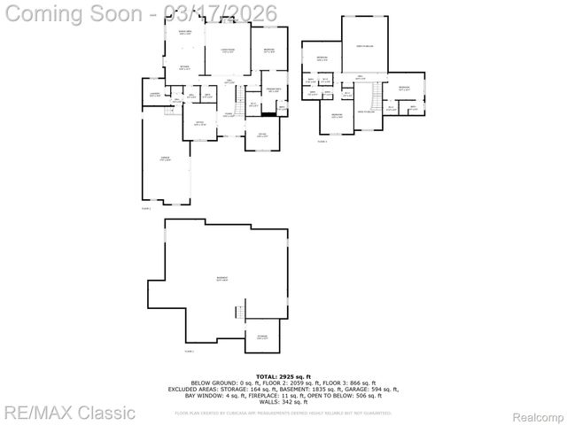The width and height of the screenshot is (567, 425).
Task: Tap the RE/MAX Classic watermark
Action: pos(69,412)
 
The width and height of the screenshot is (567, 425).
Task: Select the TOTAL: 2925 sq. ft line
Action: pos(283,376)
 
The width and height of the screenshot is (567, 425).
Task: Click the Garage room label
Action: pos(165,158)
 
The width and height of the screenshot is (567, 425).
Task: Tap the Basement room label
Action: pos(221,278)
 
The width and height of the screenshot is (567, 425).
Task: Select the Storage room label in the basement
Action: pos(262,336)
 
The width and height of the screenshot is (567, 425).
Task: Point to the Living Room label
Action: pos(228,50)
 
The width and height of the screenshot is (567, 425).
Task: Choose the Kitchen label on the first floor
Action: pos(185,67)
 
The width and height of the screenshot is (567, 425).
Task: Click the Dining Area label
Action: pos(185,35)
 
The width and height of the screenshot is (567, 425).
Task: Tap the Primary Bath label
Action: pos(275,90)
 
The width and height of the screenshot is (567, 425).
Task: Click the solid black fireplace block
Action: pos(269,113)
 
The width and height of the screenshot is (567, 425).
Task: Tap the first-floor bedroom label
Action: pos(268,50)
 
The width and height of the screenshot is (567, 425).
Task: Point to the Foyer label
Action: pos(228,114)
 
